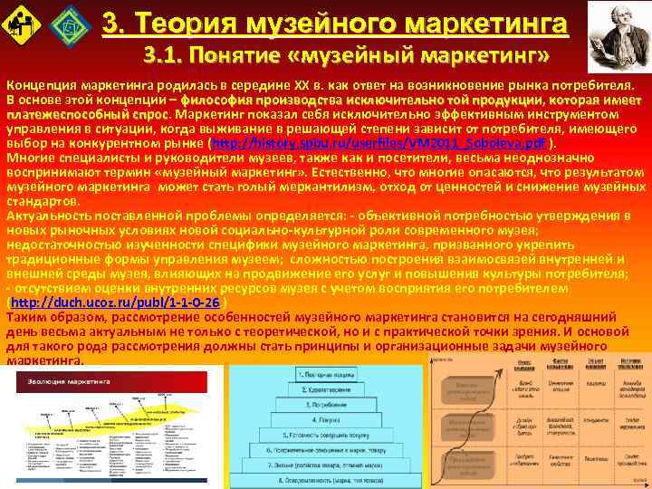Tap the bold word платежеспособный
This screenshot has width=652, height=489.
tap(59, 115)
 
